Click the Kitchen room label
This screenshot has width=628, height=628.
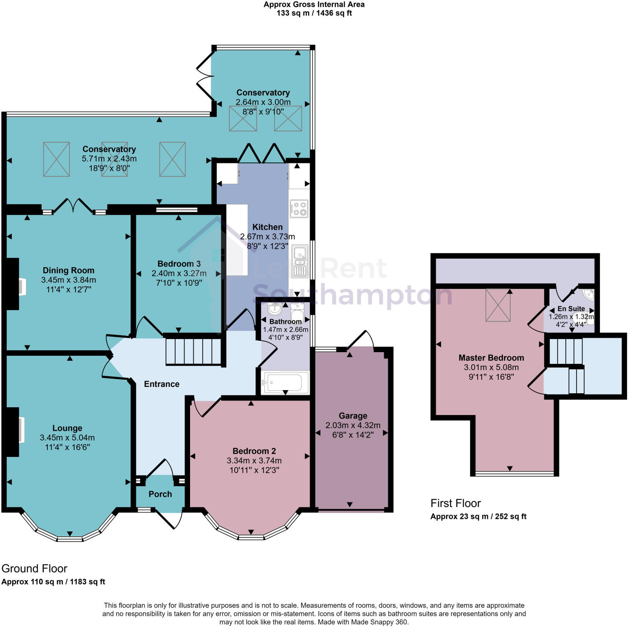click(267, 227)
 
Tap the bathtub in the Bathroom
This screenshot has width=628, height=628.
click(286, 382)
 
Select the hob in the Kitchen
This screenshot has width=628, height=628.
click(299, 209)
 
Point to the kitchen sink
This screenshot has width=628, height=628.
click(299, 261)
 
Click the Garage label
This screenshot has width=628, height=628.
click(353, 415)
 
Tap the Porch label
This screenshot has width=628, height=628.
click(160, 494)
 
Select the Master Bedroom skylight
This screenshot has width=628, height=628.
click(498, 305)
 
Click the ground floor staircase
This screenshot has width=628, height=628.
click(194, 351)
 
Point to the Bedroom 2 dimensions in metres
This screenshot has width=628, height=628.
click(254, 461)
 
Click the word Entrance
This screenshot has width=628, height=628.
click(162, 384)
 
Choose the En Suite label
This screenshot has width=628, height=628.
click(571, 308)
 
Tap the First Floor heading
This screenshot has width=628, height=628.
click(455, 503)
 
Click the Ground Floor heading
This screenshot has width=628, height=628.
click(34, 568)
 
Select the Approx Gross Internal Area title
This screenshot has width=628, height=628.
click(314, 5)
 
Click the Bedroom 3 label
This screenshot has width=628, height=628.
click(179, 264)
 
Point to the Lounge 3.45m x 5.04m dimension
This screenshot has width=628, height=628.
click(67, 437)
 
